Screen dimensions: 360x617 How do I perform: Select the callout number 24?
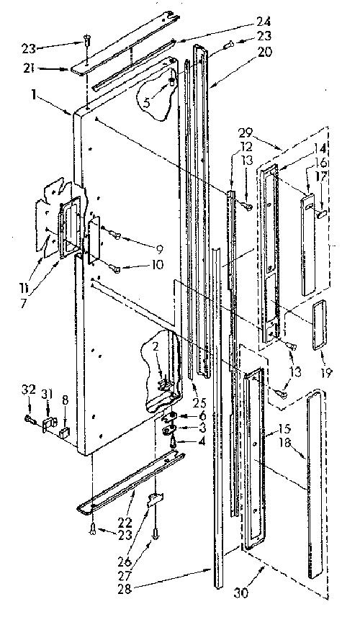point(264,22)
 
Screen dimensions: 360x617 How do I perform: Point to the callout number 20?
point(265,52)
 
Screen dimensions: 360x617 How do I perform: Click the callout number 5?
point(146,104)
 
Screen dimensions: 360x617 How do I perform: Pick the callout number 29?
point(246,132)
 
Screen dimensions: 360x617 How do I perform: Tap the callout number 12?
point(247,148)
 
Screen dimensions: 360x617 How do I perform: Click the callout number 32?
point(29,390)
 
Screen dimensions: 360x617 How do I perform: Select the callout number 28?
point(125,588)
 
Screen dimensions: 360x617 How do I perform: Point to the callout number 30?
point(241,593)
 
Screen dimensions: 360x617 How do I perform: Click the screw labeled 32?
point(29,420)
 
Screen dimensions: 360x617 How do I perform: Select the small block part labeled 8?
point(64,433)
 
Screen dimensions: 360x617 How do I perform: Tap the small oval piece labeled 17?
point(321,214)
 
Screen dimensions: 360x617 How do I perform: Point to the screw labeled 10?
point(116,269)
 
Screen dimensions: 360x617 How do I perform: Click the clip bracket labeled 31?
point(49,425)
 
